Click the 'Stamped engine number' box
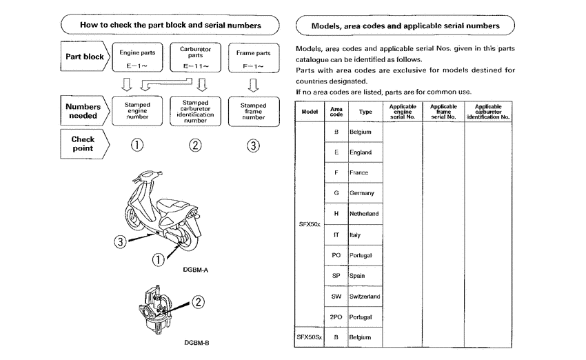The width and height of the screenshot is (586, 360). click(137, 111)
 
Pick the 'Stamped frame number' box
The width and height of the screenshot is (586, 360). click(253, 111)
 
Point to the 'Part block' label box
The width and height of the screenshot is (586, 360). click(84, 57)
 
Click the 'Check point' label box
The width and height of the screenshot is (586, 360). click(83, 143)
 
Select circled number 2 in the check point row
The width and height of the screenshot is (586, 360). click(196, 145)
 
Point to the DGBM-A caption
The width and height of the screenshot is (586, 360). click(196, 270)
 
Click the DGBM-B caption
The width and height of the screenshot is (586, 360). click(196, 342)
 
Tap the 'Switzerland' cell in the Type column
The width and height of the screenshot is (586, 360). click(365, 297)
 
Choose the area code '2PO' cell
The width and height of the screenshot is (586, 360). click(336, 317)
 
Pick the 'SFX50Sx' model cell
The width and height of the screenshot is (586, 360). click(309, 337)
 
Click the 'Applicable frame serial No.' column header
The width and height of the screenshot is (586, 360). click(443, 112)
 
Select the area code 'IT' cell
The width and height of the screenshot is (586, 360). click(336, 234)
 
